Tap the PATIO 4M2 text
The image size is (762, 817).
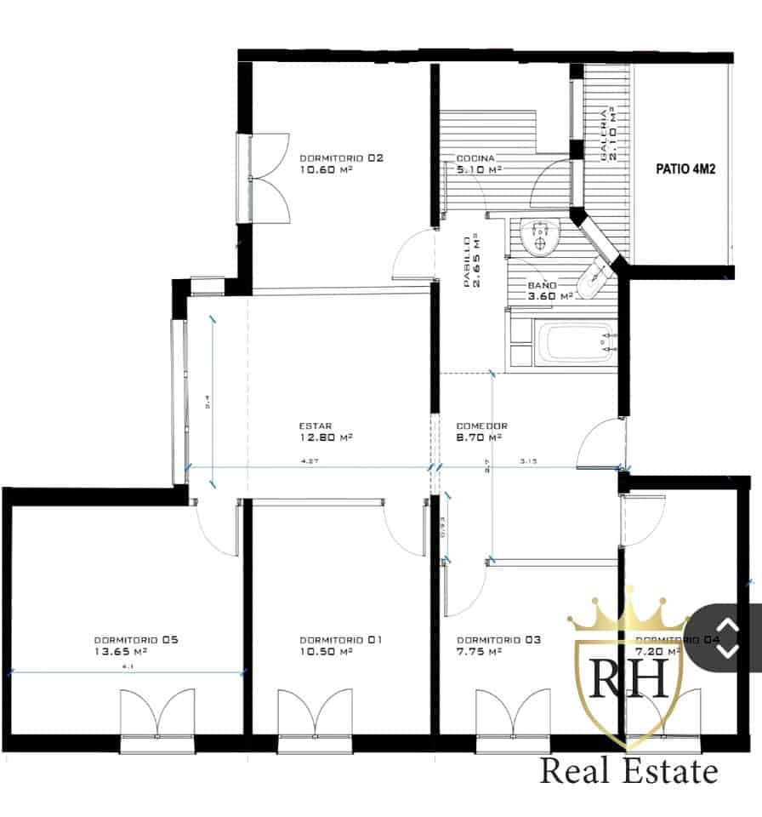coord(685,169)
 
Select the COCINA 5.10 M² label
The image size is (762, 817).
coord(479,164)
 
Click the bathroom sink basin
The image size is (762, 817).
coord(537,238)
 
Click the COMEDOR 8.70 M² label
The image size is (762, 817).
coord(481,432)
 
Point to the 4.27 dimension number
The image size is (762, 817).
coord(310,462)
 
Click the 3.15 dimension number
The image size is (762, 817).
coord(529,462)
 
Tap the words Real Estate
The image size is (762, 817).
coord(629,772)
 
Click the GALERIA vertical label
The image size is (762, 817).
coord(609,134)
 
